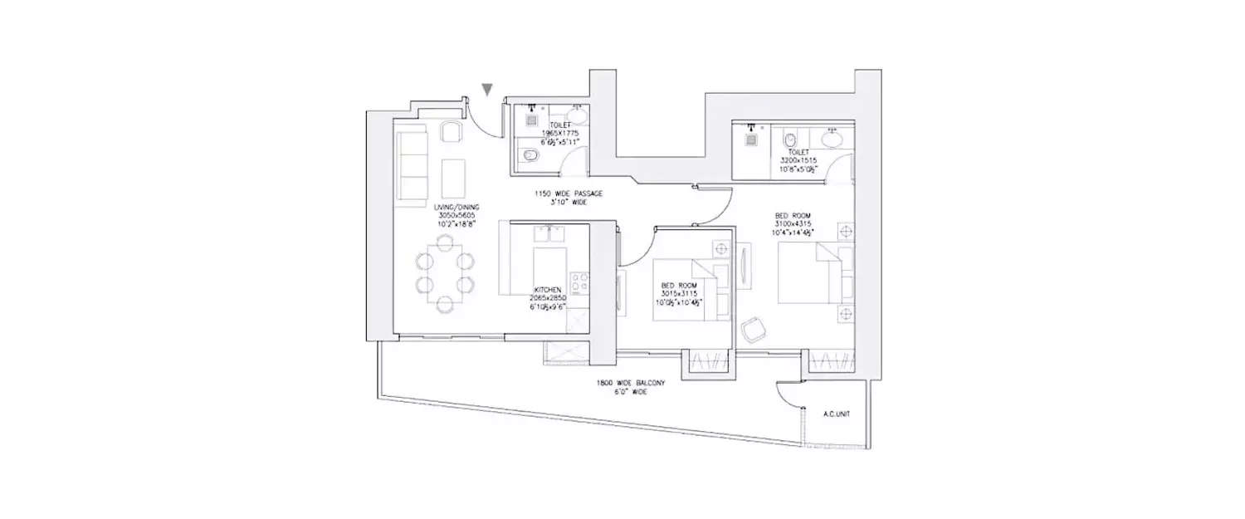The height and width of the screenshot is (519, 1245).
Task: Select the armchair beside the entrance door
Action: pyautogui.click(x=450, y=132)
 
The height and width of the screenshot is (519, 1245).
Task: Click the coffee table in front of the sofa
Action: pyautogui.click(x=454, y=178)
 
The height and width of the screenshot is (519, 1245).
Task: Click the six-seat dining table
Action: pyautogui.click(x=444, y=273)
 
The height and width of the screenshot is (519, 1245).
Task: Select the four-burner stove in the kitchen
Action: pyautogui.click(x=579, y=282)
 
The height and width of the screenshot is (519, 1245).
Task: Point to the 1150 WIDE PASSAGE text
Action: pyautogui.click(x=568, y=193)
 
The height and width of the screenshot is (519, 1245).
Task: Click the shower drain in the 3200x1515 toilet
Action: pyautogui.click(x=751, y=139)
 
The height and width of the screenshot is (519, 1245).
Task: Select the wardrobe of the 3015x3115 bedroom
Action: pyautogui.click(x=708, y=362)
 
